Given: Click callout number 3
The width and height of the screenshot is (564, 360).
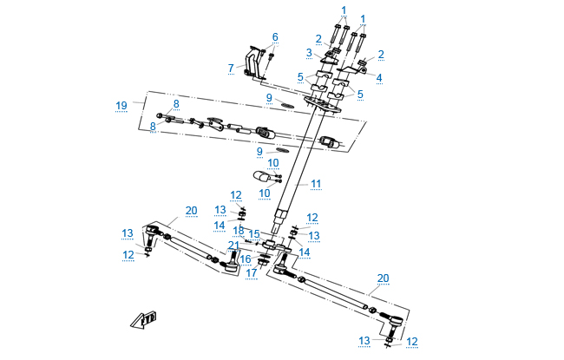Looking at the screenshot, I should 308,53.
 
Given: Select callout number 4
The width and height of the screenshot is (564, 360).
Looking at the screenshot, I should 379,76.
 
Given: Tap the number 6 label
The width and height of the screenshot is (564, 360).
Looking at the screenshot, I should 275,36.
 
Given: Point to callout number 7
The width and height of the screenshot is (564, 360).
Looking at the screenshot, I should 231,67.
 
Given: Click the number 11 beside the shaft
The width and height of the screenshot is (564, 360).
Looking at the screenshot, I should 316,184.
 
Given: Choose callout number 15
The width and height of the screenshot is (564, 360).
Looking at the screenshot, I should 253,234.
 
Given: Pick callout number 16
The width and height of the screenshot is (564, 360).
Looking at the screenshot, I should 246,259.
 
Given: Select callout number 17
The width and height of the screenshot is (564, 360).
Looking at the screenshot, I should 251,273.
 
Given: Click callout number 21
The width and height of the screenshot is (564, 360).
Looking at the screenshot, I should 233,245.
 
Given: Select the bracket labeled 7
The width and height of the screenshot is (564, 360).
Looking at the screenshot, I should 253,64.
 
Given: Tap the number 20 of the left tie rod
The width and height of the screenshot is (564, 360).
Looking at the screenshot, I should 191,211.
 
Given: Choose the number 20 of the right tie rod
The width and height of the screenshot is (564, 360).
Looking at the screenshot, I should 382,278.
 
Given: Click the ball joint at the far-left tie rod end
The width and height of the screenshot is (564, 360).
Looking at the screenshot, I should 154,235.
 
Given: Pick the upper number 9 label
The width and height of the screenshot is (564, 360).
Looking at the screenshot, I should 269,97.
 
